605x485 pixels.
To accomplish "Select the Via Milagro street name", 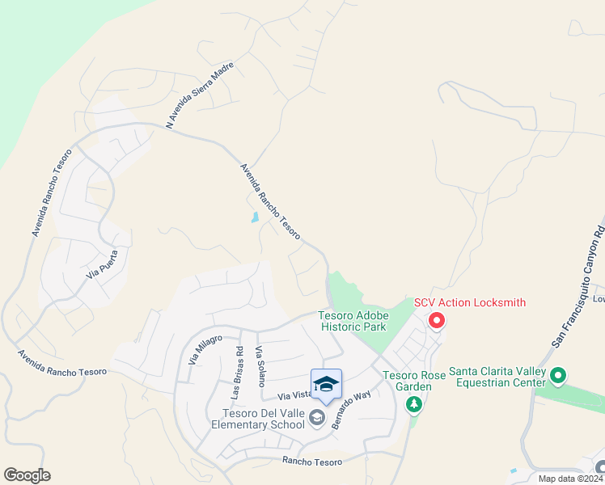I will tap(205, 348).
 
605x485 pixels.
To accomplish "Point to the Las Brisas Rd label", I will tap(237, 373).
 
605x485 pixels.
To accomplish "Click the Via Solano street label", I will tap(260, 366).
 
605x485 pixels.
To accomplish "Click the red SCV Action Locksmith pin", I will tap(437, 321).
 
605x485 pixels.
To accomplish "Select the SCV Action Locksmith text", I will tap(470, 303).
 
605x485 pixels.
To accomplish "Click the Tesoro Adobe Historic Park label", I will tap(355, 321).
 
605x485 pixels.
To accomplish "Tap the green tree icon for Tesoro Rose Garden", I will tap(415, 403).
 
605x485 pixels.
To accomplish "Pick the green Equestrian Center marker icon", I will tap(559, 376).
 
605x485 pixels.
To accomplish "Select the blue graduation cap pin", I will tap(326, 384).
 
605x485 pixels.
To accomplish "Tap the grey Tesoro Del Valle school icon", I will tap(316, 418).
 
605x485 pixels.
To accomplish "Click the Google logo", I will tap(27, 475).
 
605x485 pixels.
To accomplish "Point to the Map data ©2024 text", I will tap(570, 479).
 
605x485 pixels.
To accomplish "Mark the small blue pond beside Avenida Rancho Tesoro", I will tap(255, 217).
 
